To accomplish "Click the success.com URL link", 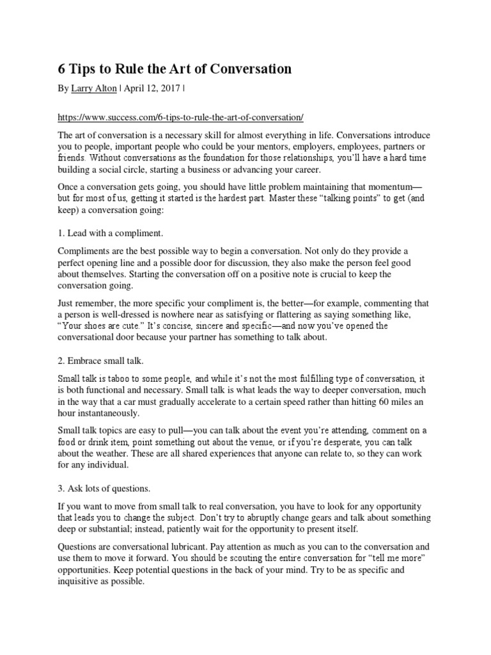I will pyautogui.click(x=180, y=118).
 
